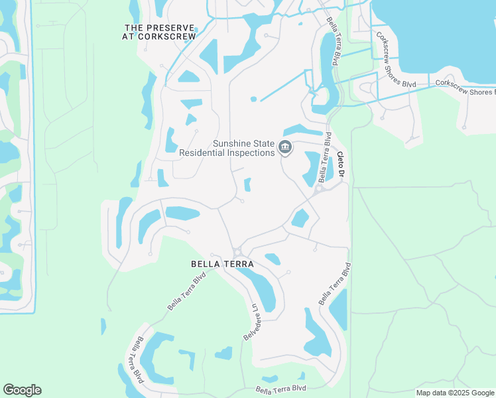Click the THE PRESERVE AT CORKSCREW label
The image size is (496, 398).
pos(160,32)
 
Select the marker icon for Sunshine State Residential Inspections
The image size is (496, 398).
pos(286,147)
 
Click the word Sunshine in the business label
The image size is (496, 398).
pos(231,143)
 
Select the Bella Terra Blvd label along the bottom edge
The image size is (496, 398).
pos(281,389)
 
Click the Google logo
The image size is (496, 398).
pos(22,390)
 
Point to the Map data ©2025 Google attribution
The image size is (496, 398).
pos(456,393)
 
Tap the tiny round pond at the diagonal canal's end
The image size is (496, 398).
pos(253,99)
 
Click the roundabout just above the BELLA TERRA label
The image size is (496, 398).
pos(237,251)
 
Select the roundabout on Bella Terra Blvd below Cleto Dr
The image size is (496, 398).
pos(318,189)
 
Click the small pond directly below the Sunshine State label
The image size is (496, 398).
pos(247,184)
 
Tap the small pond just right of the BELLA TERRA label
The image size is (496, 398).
pos(273,259)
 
